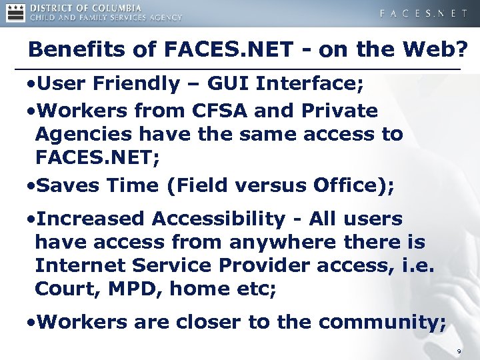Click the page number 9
(459, 351)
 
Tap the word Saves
(67, 185)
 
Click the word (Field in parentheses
(194, 185)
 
